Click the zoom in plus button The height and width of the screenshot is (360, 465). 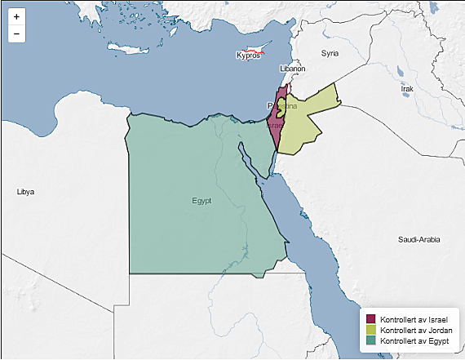[x=16, y=17]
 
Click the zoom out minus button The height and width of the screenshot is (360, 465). [x=16, y=33]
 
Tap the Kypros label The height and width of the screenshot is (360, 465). [x=247, y=56]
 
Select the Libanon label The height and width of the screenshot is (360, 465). [x=292, y=69]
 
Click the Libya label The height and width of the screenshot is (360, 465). [x=25, y=192]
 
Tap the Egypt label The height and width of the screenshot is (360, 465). [x=202, y=200]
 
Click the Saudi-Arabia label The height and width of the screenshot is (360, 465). [x=419, y=240]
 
